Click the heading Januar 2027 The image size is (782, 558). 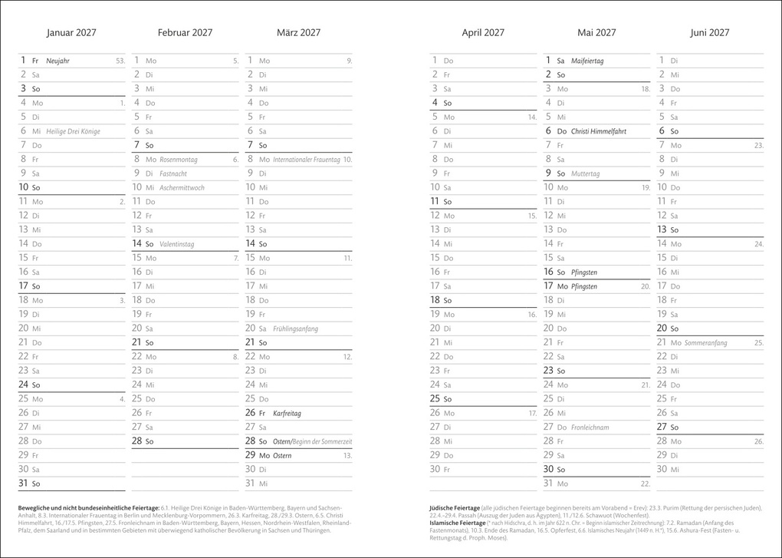pos(71,33)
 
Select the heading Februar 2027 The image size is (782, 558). pos(185,33)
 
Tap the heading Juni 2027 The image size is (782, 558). pos(709,33)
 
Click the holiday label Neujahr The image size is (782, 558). pos(58,61)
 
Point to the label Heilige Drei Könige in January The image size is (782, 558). pos(73,131)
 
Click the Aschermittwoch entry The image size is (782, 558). pos(182,187)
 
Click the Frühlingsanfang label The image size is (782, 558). pos(295,329)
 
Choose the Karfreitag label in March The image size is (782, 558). pos(287,413)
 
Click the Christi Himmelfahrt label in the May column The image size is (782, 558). pos(599,131)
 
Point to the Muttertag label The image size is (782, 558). pos(586,173)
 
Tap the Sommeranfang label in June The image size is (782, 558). pos(705,343)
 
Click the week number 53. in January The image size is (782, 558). pos(120,61)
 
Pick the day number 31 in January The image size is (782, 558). pos(23,484)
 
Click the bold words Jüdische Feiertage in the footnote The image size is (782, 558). pos(455,507)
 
